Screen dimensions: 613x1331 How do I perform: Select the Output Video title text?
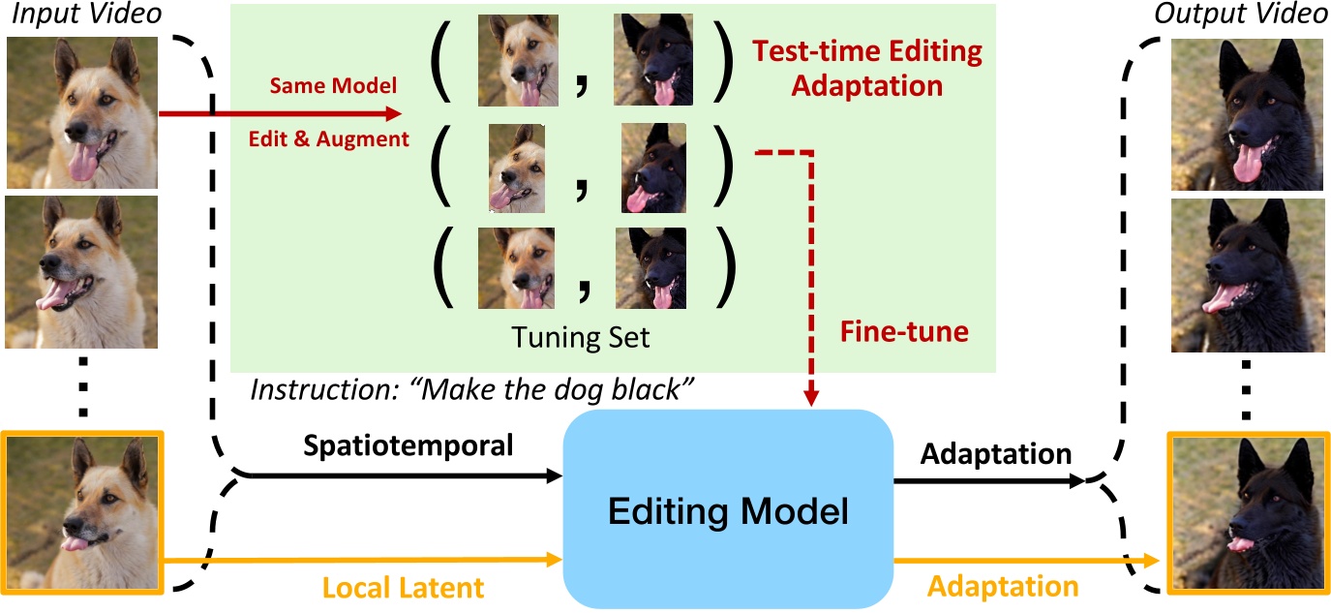tap(1248, 16)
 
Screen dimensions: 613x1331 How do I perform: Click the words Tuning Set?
tap(581, 339)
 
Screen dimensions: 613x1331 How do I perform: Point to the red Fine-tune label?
tap(904, 332)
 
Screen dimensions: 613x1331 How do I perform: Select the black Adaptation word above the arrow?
tap(996, 452)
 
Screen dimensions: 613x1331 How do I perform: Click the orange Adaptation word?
tap(1004, 586)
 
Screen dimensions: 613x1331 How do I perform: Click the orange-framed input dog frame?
tap(82, 512)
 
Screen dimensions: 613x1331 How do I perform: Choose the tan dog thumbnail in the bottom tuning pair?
tap(516, 268)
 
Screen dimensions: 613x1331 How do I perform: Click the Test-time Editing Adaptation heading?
tap(866, 68)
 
